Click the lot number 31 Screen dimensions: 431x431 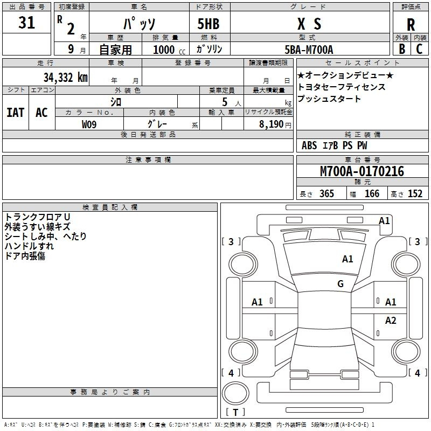point(26,23)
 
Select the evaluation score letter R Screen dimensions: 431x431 point(411,24)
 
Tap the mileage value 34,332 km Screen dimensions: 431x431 point(65,78)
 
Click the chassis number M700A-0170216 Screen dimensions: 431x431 point(362,172)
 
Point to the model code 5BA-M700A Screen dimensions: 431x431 point(309,50)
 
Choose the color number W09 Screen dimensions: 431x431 point(89,124)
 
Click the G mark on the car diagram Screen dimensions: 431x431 point(340,284)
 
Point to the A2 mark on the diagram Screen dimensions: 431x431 point(391,321)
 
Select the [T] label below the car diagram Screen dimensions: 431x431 point(235,413)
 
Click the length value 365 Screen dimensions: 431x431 point(326,194)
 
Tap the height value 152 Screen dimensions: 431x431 point(414,194)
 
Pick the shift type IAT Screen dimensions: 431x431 point(15,113)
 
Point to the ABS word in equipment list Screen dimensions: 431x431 point(309,145)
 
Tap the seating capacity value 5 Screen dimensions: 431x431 point(224,102)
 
